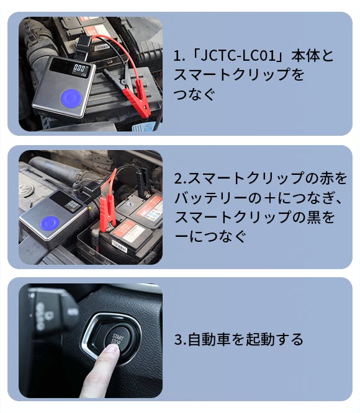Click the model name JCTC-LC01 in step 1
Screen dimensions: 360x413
tap(238, 56)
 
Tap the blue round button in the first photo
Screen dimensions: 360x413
tap(71, 99)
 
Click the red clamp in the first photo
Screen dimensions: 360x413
tap(137, 97)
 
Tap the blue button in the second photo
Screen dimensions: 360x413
tap(50, 224)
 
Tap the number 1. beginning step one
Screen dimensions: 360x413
tap(179, 56)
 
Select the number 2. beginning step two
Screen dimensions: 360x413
tap(180, 179)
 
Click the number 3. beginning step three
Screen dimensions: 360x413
tap(181, 339)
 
